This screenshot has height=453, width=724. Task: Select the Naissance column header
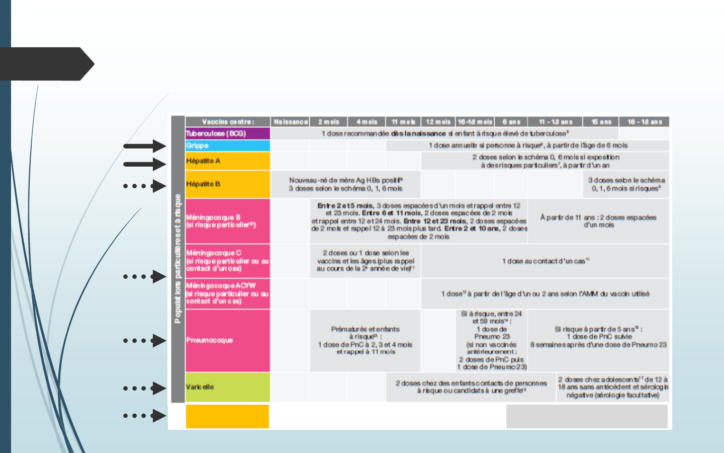click(x=290, y=122)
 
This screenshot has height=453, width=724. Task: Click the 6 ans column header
click(x=511, y=122)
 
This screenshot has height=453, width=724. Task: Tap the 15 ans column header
click(x=601, y=122)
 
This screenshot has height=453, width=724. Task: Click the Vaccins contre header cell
click(x=228, y=122)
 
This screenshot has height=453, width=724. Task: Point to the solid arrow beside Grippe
click(x=145, y=146)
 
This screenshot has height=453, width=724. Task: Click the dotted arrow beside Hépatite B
click(x=145, y=186)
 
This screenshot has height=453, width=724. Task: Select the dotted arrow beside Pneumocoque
click(x=145, y=341)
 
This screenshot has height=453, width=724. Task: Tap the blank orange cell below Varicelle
click(x=227, y=416)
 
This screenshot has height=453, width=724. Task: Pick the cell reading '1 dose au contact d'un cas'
click(x=545, y=261)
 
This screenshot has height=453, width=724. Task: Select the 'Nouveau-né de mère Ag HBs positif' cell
click(x=345, y=184)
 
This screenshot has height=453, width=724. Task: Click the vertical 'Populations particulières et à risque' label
click(x=178, y=259)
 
